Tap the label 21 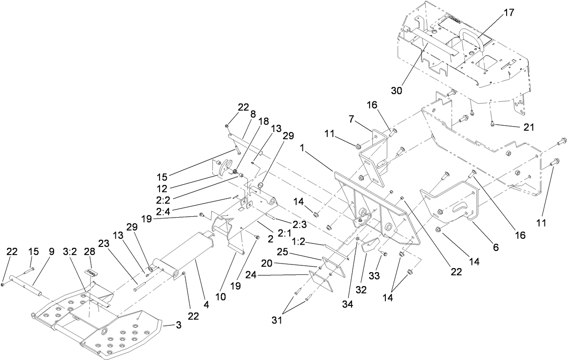(529, 128)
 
